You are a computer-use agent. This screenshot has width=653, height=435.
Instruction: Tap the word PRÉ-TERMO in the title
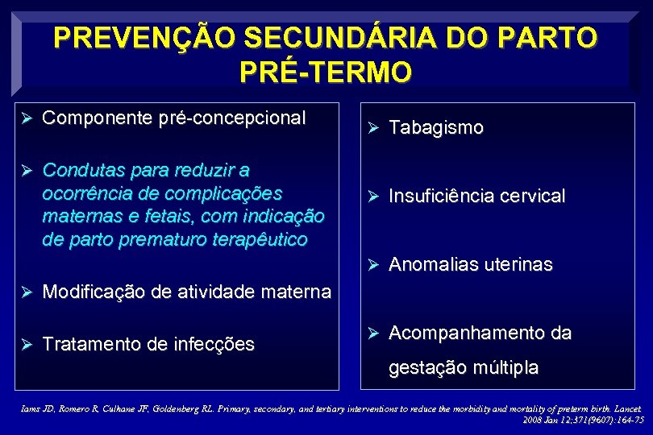326,72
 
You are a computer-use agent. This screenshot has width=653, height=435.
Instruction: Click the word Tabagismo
436,127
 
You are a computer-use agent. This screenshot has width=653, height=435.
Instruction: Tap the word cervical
530,196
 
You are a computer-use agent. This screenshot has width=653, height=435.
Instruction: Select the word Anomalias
430,264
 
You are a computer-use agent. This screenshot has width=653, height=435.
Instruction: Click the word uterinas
516,264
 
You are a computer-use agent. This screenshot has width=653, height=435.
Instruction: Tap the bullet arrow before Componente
26,118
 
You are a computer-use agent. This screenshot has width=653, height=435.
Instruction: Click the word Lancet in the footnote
626,408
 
